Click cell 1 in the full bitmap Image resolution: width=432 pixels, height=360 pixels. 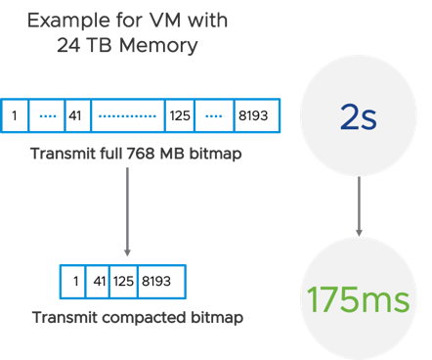[15, 115]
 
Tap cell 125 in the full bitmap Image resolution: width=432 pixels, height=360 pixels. [179, 115]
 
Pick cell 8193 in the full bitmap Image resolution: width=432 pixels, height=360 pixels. [255, 115]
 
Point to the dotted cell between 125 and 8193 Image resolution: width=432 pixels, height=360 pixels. [213, 115]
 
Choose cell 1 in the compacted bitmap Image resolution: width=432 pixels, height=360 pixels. [74, 281]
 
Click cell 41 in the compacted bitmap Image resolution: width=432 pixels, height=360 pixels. [98, 281]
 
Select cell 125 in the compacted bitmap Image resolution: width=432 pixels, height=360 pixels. [122, 281]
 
